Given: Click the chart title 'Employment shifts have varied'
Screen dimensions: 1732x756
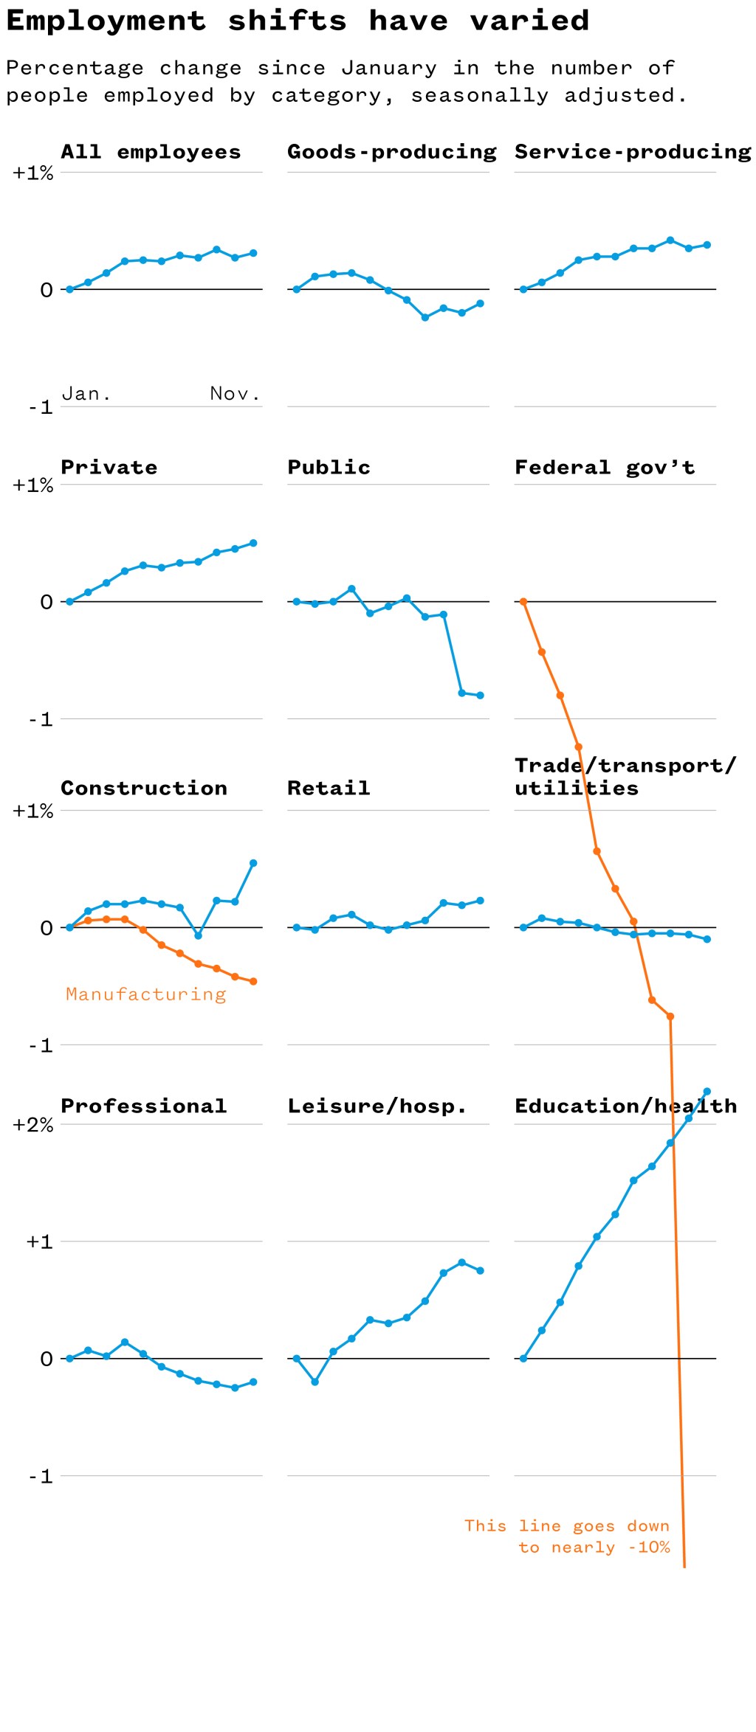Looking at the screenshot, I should point(298,21).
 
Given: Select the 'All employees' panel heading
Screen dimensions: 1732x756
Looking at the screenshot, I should point(151,152).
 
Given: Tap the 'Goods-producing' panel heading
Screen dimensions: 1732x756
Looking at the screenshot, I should point(391,152).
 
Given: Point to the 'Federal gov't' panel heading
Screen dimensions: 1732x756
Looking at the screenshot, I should point(604,468).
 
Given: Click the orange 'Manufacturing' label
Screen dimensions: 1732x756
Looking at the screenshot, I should point(146,994).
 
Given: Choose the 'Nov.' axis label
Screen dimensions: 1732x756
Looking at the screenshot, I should point(235,394).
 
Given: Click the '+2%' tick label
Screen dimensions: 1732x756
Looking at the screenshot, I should point(33,1126).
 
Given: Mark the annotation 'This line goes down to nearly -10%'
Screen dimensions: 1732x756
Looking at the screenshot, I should point(567,1537).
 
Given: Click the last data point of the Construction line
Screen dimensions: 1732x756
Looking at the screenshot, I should point(253,863).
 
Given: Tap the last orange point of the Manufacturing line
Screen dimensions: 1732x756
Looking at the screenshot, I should point(253,982).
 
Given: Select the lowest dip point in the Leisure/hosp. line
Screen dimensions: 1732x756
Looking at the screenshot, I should point(315,1382).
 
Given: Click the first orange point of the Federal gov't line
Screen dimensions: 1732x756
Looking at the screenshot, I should point(523,602).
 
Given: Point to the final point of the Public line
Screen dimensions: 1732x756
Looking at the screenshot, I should point(480,695).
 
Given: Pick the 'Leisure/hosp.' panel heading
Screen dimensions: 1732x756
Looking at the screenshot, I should point(377,1106).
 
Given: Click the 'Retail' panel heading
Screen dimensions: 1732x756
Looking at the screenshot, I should point(329,789).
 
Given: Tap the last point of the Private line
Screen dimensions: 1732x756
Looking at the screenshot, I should point(253,543).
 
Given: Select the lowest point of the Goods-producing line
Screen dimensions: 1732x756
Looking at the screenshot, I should point(425,317).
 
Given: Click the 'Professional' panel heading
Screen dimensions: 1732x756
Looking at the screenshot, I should point(143,1106).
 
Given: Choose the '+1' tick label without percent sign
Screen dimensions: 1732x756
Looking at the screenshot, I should point(39,1242).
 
